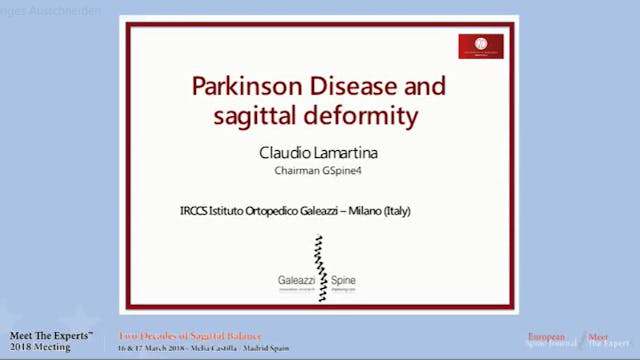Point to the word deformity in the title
pos(362,116)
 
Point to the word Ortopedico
pos(269,211)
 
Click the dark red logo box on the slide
pos(480,46)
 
